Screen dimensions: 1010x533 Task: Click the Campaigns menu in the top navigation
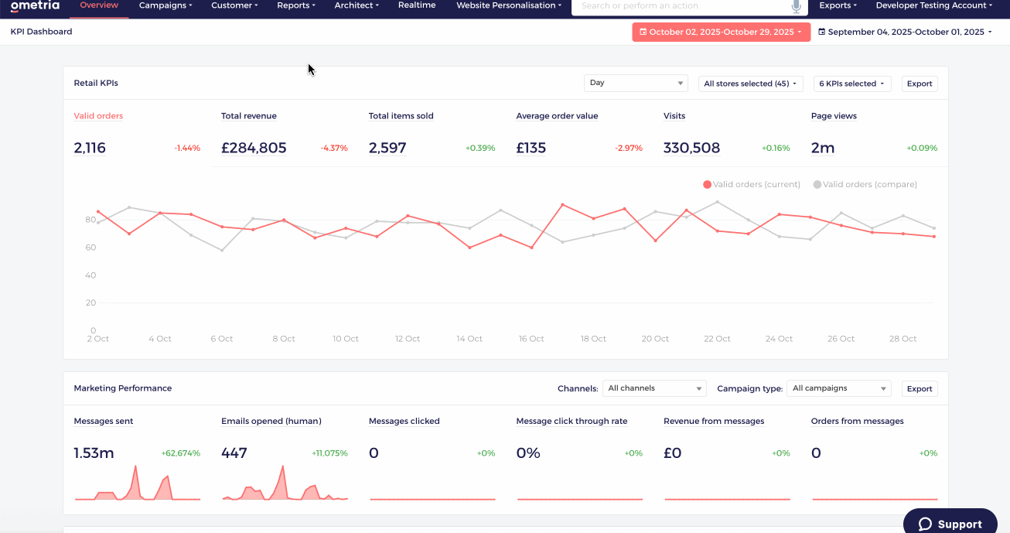(x=165, y=5)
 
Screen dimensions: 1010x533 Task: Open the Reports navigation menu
(x=295, y=5)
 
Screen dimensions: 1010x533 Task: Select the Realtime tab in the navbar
(x=417, y=5)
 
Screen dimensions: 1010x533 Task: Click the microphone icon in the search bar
(x=797, y=6)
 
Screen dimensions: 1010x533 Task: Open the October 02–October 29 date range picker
(x=721, y=32)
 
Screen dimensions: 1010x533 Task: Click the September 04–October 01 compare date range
(x=906, y=32)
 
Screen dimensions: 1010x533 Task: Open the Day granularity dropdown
(x=636, y=83)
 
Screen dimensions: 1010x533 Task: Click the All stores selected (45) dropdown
(x=751, y=84)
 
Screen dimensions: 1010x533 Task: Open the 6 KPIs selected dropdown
(x=852, y=84)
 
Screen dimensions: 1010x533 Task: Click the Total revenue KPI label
(x=249, y=116)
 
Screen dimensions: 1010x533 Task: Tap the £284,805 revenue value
(x=254, y=148)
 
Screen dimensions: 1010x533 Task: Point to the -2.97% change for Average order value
(x=629, y=149)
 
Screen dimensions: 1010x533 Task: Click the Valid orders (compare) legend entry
(x=865, y=184)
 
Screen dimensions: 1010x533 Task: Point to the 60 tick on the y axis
(x=90, y=248)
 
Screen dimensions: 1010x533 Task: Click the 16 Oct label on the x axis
(x=531, y=339)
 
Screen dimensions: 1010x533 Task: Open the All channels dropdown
(x=654, y=388)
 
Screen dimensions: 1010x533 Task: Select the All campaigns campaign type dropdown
(x=838, y=388)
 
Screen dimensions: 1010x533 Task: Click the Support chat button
(x=950, y=523)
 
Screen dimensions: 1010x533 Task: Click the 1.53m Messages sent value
(x=94, y=453)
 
